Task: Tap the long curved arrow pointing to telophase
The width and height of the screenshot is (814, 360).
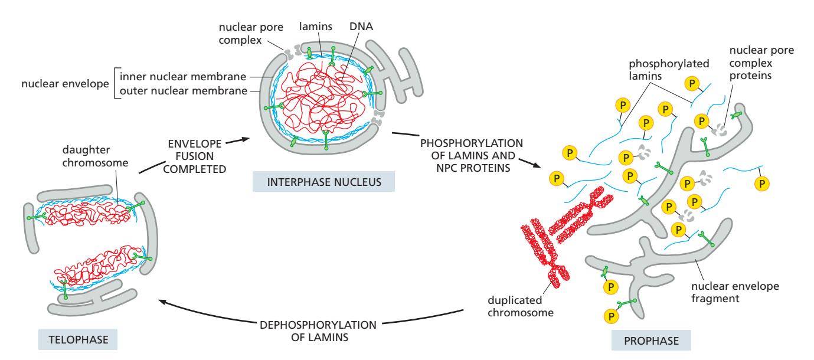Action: click(313, 311)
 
